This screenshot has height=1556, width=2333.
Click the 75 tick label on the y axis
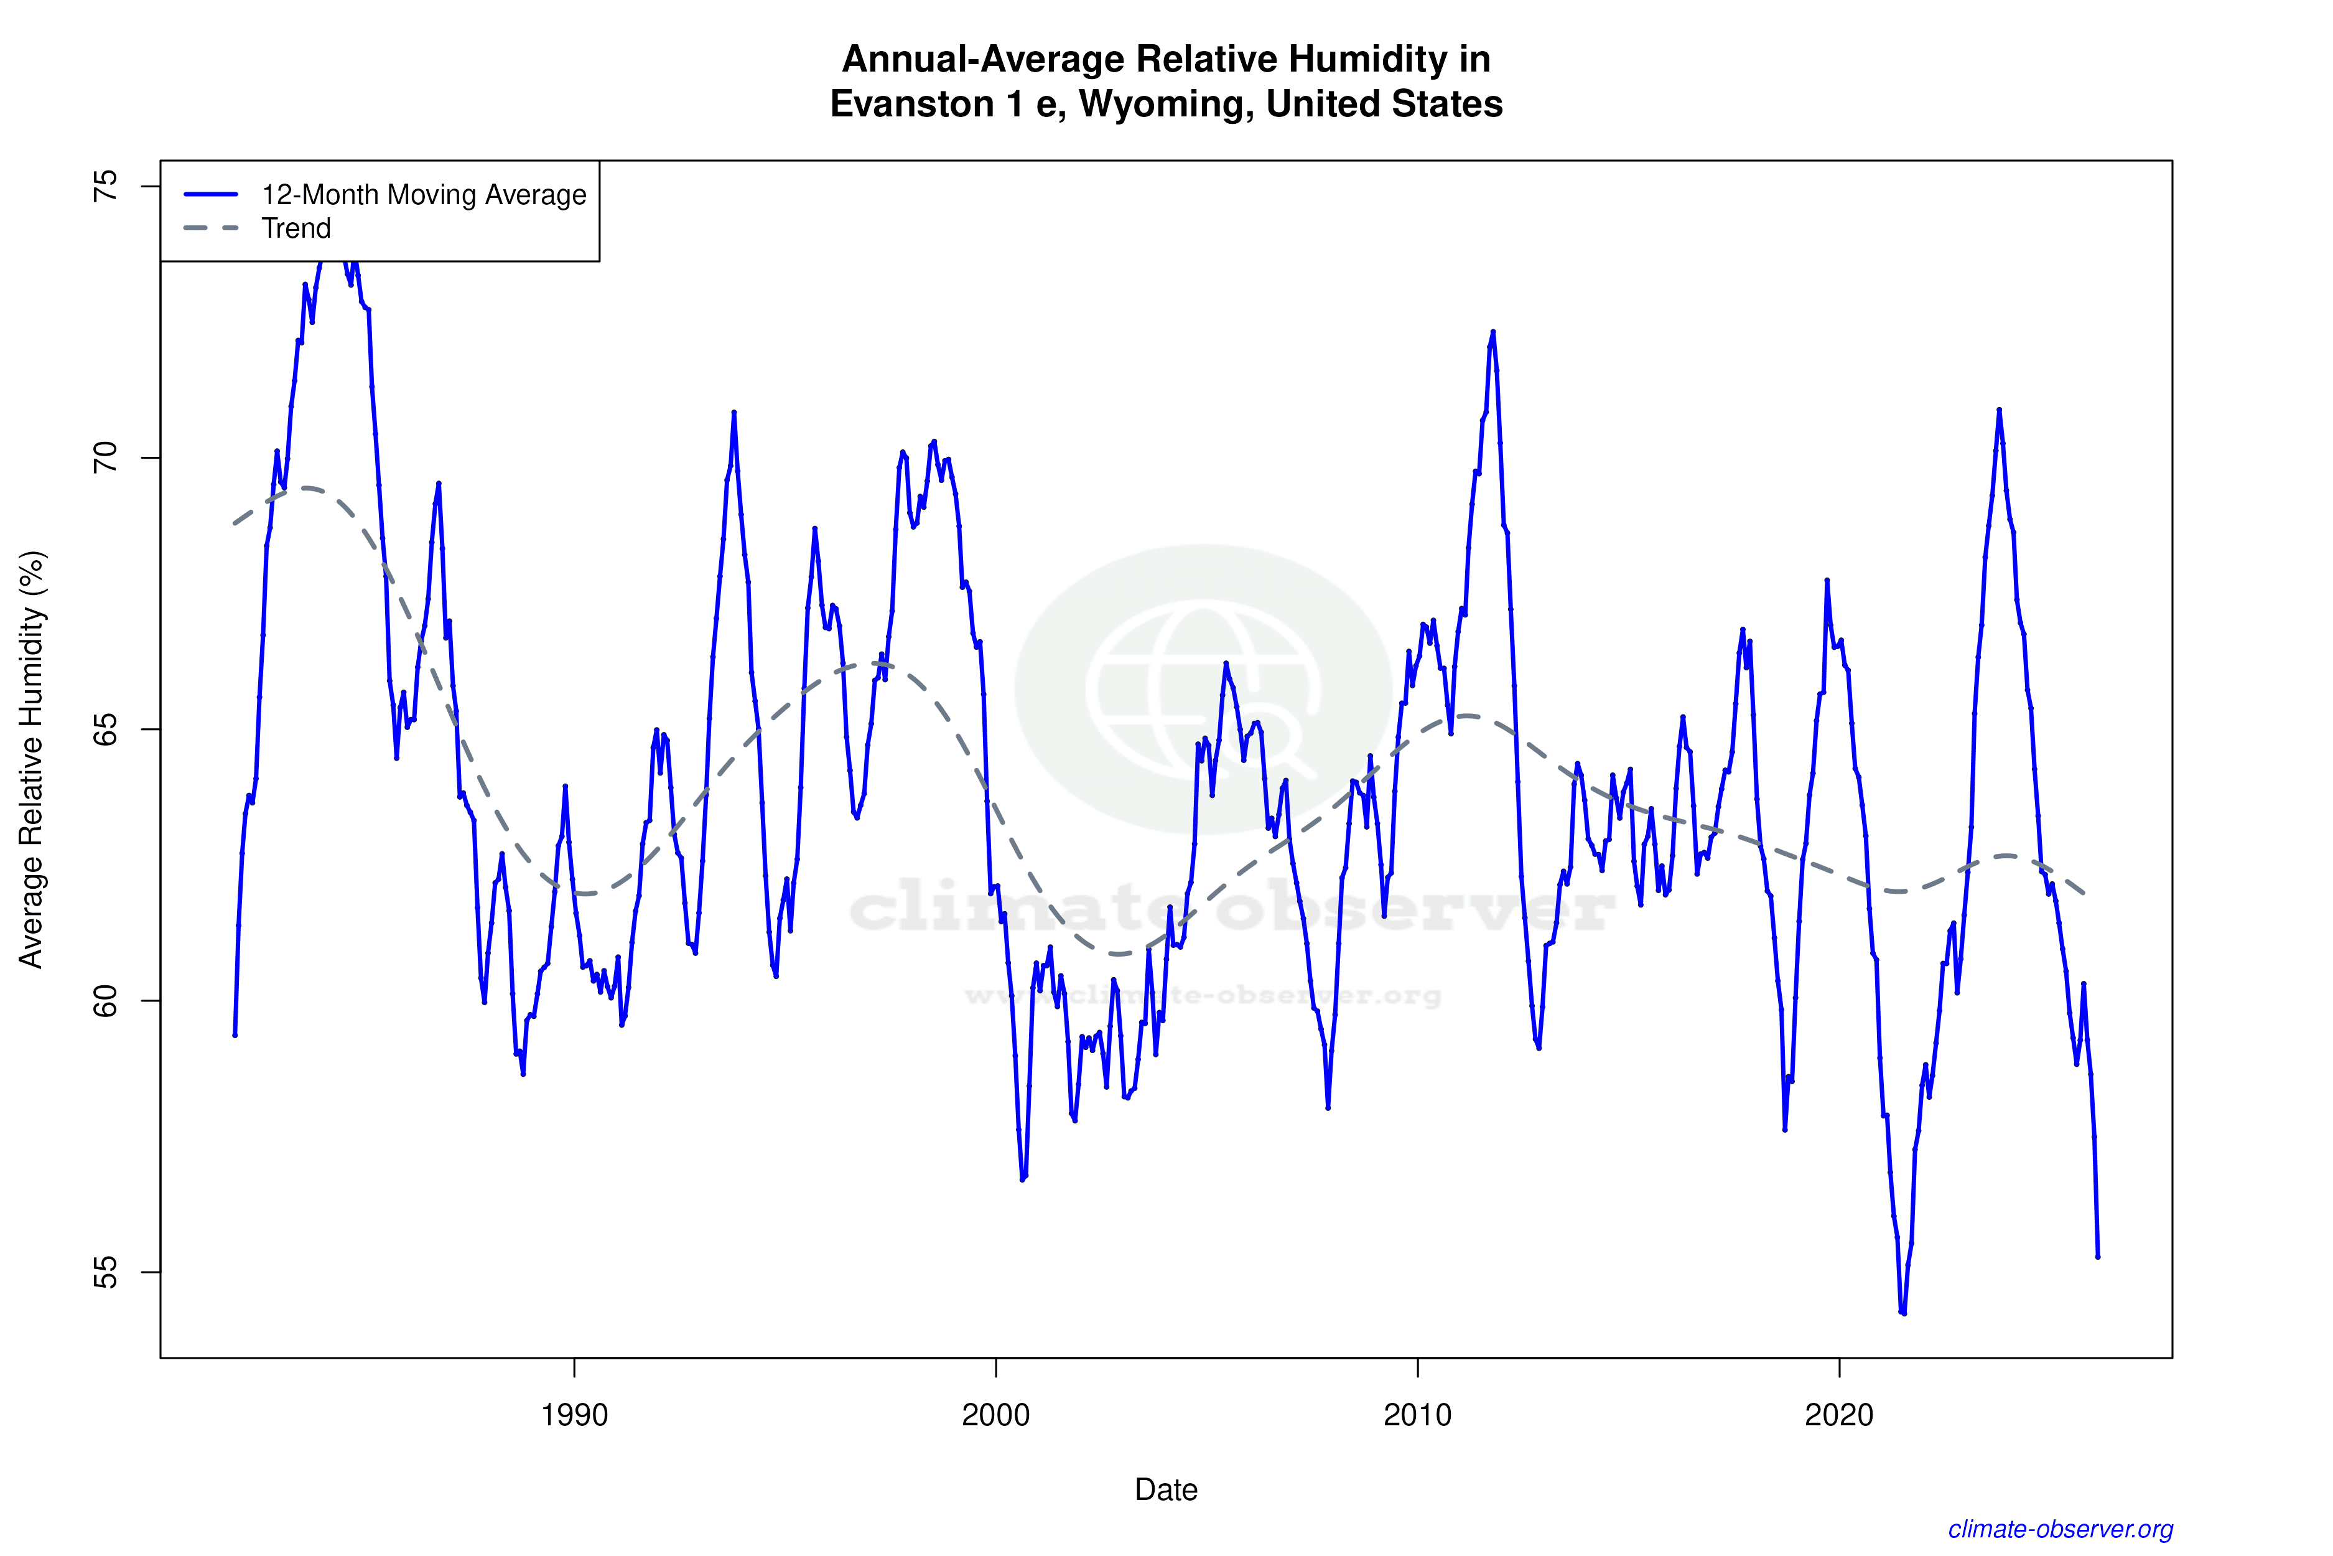point(104,187)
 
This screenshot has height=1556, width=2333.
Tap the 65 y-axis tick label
point(104,729)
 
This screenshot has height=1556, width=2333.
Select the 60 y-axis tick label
point(104,1000)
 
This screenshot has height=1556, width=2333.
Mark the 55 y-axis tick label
point(104,1272)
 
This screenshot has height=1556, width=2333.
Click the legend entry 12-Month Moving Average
point(424,194)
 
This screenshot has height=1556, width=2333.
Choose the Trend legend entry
point(296,228)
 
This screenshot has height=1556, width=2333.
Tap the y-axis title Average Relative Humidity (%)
point(32,759)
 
